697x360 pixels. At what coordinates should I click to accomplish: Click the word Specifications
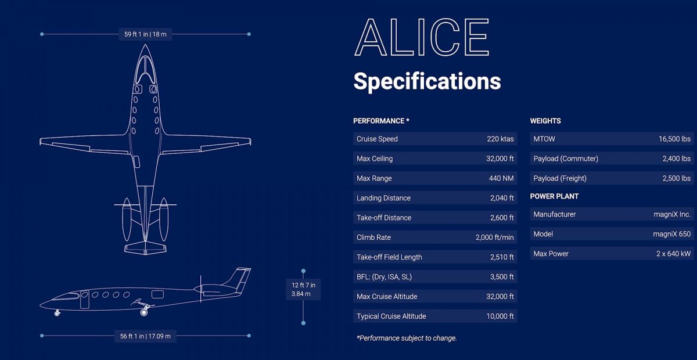427,81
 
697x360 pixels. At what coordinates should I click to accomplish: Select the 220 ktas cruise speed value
500,139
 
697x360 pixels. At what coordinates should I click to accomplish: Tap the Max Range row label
374,178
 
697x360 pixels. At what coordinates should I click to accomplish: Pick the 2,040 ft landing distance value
502,198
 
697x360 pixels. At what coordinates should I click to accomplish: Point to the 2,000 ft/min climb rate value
494,237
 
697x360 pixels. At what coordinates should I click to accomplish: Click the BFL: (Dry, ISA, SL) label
384,277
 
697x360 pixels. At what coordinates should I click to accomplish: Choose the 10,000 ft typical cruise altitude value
500,316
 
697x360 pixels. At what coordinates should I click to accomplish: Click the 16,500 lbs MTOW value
674,139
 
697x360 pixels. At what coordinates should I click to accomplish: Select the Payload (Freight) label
560,178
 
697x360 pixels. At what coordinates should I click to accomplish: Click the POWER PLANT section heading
554,196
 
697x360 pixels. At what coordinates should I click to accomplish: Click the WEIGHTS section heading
545,121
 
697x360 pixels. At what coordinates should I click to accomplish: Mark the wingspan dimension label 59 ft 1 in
145,34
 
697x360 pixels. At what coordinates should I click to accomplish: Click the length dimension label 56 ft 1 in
145,336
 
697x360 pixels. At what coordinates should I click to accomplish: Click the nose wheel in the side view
57,314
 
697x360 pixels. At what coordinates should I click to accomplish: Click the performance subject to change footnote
407,338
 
